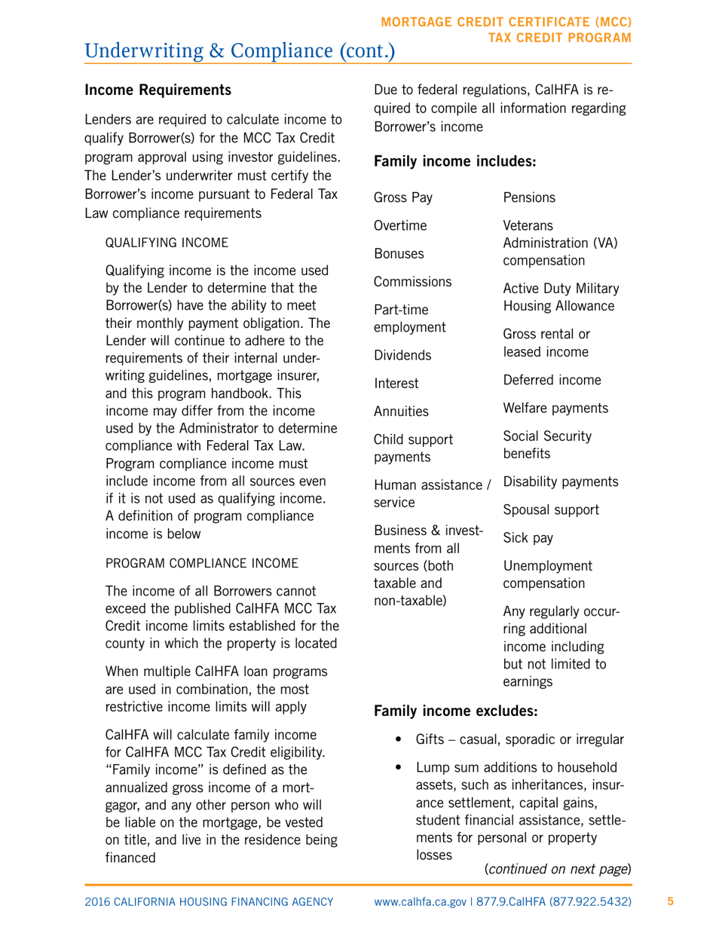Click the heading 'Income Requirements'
158,90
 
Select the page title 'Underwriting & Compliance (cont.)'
240,50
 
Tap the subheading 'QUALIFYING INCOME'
166,243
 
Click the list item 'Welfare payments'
555,408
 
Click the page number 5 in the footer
670,901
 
